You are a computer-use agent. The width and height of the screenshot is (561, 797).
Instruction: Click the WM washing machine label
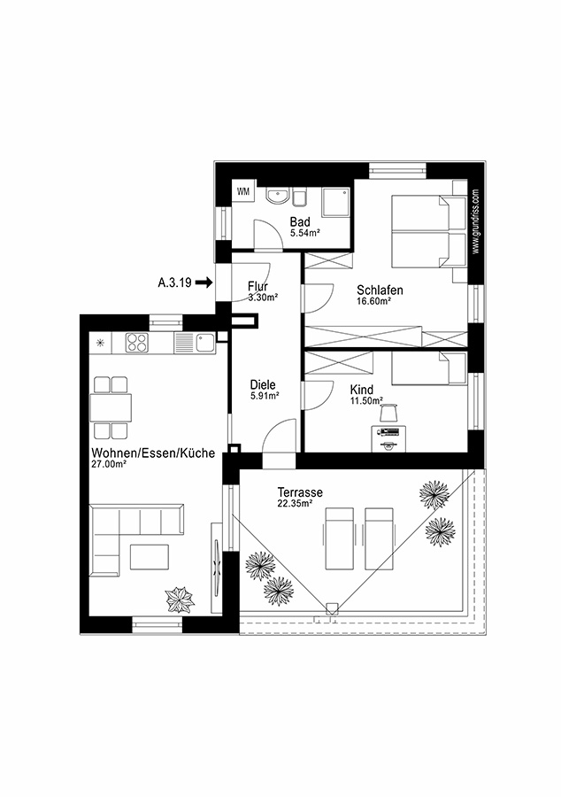pyautogui.click(x=242, y=191)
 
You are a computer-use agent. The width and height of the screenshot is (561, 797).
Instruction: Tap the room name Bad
pyautogui.click(x=299, y=221)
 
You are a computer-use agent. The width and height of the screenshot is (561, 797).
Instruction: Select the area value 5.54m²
pyautogui.click(x=304, y=233)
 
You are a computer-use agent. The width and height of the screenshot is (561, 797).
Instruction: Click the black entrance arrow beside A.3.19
pyautogui.click(x=204, y=282)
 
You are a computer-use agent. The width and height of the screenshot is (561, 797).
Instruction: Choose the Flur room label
pyautogui.click(x=257, y=287)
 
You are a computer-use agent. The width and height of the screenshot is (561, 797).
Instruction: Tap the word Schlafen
pyautogui.click(x=380, y=290)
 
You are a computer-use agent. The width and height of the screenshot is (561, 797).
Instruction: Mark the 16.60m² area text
pyautogui.click(x=374, y=301)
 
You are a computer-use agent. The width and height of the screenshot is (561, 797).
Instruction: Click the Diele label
pyautogui.click(x=263, y=385)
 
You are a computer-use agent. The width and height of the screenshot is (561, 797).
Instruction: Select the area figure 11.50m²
pyautogui.click(x=366, y=401)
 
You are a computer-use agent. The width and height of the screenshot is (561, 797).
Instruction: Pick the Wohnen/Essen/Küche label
pyautogui.click(x=152, y=453)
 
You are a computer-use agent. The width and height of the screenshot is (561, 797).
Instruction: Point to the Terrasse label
pyautogui.click(x=298, y=491)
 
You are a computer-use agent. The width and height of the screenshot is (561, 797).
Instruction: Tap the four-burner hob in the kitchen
pyautogui.click(x=138, y=342)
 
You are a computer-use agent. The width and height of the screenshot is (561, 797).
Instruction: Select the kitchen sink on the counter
pyautogui.click(x=204, y=341)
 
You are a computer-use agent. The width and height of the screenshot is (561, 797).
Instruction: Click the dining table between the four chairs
pyautogui.click(x=111, y=407)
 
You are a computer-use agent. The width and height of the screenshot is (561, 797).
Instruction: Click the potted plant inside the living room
pyautogui.click(x=180, y=600)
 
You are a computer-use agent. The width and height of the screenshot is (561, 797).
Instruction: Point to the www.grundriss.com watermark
pyautogui.click(x=475, y=221)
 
